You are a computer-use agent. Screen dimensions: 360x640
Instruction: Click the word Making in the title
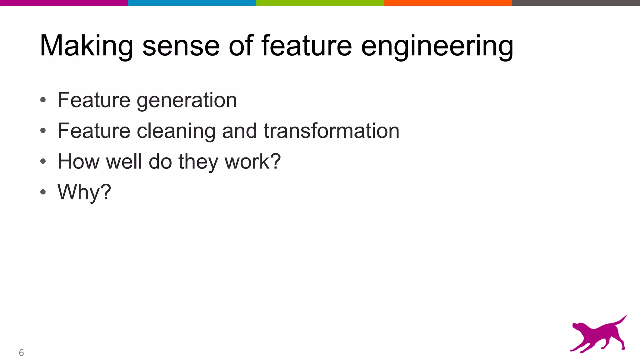(x=86, y=46)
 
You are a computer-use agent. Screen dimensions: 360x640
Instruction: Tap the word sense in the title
(x=181, y=46)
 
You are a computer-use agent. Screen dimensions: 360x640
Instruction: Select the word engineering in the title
(x=437, y=46)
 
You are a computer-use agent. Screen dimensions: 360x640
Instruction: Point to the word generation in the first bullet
(x=187, y=101)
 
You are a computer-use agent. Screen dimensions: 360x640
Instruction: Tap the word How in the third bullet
(x=78, y=162)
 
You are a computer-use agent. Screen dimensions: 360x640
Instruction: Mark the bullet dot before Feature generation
(x=43, y=100)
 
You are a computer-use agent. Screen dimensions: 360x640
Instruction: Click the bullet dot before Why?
(x=43, y=192)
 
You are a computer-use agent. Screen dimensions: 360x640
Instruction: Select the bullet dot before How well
(x=43, y=162)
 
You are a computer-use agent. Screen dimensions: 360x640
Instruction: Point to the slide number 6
(x=21, y=352)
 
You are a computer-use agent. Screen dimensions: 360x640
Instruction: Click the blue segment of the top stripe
(x=192, y=3)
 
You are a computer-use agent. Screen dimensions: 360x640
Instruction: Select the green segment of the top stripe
(x=320, y=3)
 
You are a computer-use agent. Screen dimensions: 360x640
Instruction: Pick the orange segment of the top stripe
(x=448, y=3)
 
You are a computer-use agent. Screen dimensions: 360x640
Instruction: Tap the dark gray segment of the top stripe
(x=576, y=3)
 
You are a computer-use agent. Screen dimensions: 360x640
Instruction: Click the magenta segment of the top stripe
(x=64, y=3)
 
